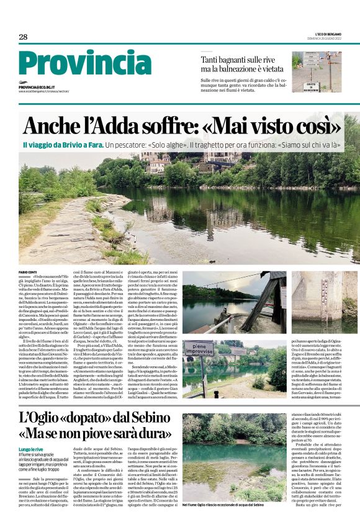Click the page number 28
(x=23, y=37)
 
